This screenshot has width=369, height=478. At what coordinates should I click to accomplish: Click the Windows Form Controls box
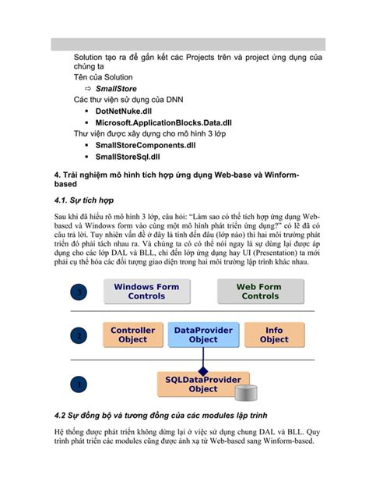point(146,292)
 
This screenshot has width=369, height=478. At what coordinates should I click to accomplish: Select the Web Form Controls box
point(259,292)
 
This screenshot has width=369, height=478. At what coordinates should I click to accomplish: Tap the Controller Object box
point(132,335)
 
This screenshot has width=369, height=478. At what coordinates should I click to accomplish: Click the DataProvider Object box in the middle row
point(203,335)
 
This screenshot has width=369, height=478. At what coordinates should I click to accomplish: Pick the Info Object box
point(274,335)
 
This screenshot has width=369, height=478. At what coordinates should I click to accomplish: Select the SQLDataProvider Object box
point(203,384)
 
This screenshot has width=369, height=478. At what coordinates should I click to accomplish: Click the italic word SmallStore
point(117,90)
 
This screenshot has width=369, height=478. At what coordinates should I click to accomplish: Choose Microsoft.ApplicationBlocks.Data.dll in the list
point(163,122)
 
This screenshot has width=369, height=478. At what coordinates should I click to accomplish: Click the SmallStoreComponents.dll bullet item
point(146,145)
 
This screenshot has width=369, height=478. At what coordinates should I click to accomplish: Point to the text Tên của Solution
point(103,78)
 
